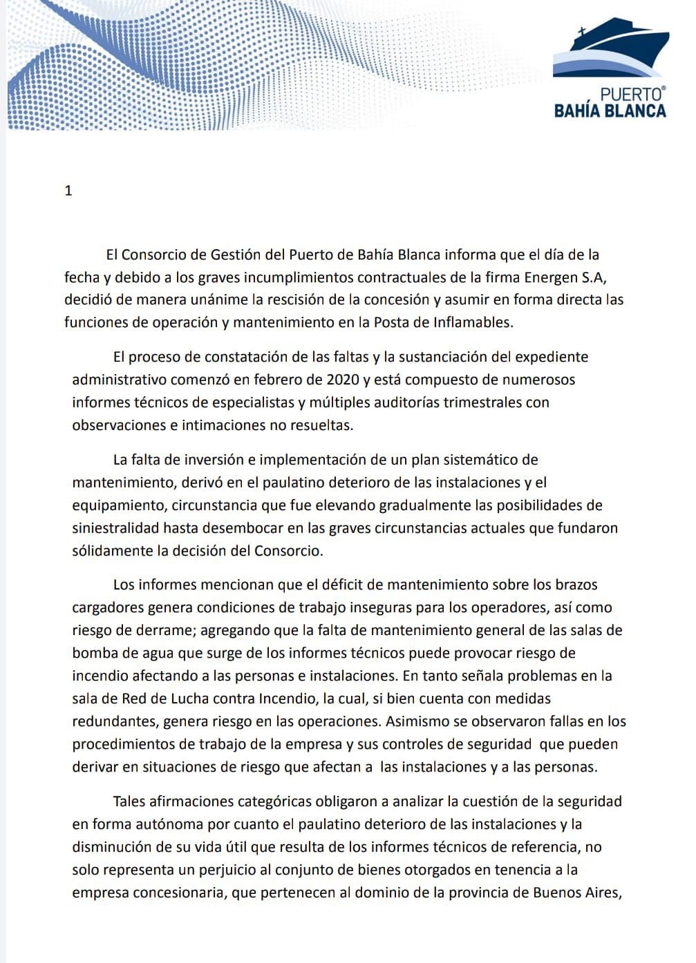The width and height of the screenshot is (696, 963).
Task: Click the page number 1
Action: coord(68,191)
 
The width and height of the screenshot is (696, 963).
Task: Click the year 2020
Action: coord(344,380)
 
